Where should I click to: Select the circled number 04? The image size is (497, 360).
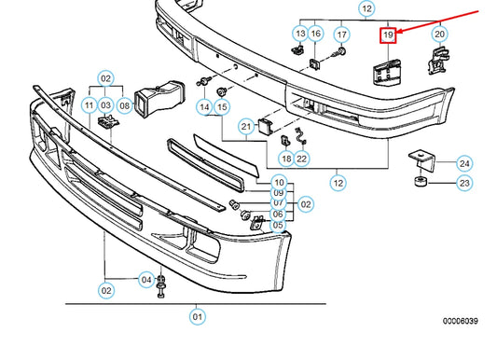tap(145, 279)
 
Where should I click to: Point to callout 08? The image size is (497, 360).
tap(125, 107)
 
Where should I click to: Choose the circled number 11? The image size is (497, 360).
tap(89, 107)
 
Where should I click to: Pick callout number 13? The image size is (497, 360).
tap(299, 35)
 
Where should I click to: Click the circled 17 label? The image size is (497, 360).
tap(342, 35)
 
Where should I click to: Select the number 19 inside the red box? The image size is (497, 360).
tap(388, 35)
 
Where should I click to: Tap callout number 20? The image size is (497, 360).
tap(439, 35)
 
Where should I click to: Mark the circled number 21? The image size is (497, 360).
tap(246, 126)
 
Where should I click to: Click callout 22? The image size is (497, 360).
tap(302, 159)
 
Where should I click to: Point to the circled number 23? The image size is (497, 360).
tap(463, 184)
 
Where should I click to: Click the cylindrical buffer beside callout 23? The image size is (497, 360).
tap(421, 179)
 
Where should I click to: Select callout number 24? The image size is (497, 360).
tap(463, 162)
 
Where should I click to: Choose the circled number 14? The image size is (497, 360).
tap(203, 107)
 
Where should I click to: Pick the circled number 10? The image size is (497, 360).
tap(279, 181)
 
